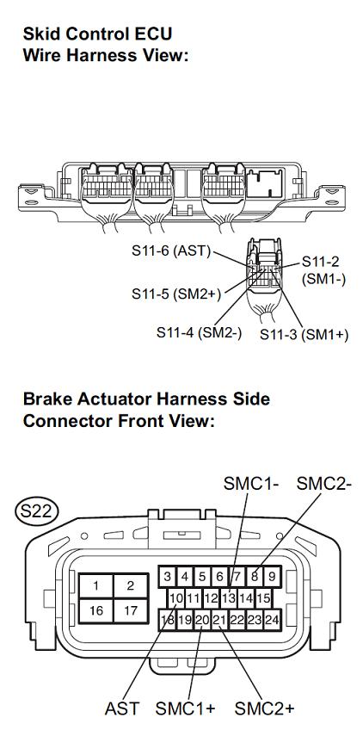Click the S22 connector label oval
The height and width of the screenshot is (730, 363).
coord(36,511)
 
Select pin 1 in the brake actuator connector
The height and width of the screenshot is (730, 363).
coord(95,585)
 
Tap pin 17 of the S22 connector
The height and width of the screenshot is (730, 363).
coord(131,610)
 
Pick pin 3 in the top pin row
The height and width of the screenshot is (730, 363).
coord(168,578)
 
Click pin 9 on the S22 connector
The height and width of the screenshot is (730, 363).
coord(272,578)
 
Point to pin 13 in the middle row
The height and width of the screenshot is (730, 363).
coord(229,598)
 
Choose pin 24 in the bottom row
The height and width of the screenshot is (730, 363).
coord(272,620)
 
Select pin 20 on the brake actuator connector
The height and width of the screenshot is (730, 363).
coord(202,620)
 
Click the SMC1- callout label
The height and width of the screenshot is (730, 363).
coord(251,484)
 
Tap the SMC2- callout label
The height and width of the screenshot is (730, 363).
coord(324,484)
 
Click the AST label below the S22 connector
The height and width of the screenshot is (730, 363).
coord(122,709)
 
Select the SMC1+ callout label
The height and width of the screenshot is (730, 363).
coord(185,709)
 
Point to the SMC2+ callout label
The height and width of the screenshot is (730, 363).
coord(264,709)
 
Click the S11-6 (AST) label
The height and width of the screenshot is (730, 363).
coord(171,251)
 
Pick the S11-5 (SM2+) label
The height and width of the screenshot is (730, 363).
coord(176,294)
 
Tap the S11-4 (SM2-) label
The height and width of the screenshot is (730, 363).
coord(200,332)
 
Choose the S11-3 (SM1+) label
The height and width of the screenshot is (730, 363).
coord(304,334)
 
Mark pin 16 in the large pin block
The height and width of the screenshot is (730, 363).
coord(95,610)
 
